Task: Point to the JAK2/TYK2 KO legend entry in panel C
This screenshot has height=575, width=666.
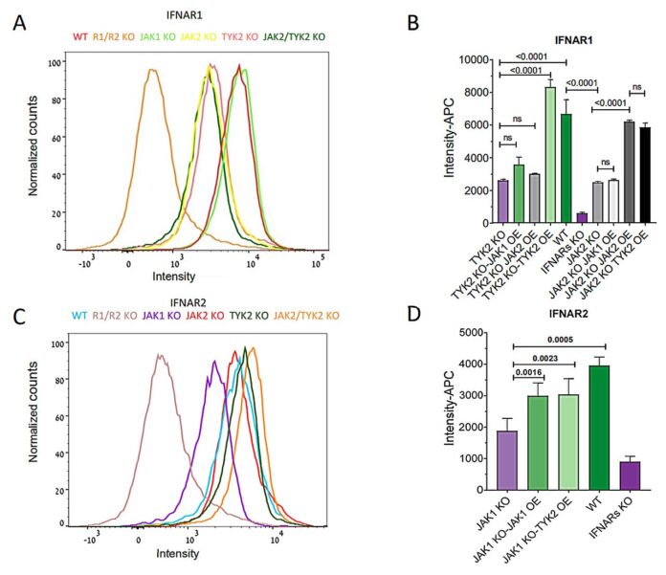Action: click(305, 314)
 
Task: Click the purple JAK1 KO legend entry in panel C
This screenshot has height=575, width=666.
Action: click(161, 314)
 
